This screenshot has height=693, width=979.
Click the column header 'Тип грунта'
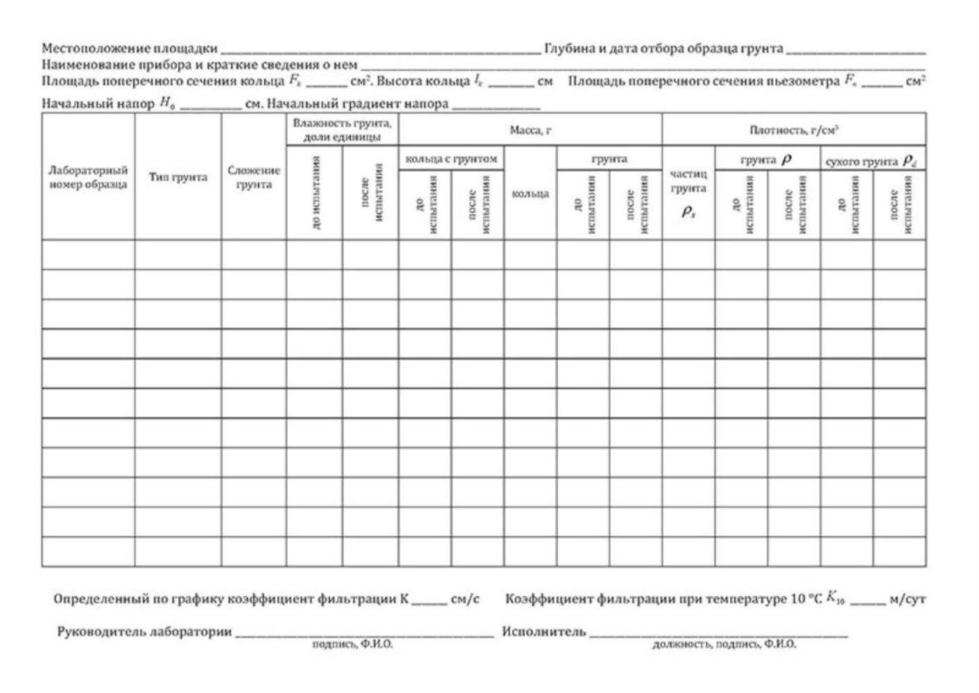point(178,177)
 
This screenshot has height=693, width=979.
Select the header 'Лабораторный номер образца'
point(88,177)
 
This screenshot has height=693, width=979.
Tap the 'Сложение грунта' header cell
point(254,177)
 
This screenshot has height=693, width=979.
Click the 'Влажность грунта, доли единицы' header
point(342,130)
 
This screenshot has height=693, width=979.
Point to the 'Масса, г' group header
point(530,130)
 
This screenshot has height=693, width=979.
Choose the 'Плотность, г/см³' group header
point(793,130)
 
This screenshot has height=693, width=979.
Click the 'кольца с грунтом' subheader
point(451,159)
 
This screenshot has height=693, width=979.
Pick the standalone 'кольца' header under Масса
point(530,194)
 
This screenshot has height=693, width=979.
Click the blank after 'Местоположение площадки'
point(380,50)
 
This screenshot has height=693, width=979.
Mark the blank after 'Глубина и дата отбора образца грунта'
point(856,50)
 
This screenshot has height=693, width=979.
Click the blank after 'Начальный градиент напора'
point(495,106)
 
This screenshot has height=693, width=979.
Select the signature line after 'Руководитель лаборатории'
point(364,633)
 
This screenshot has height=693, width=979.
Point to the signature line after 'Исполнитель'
point(718,633)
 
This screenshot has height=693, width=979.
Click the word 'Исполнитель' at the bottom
point(544,632)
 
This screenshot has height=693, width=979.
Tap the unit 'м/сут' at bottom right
point(907,599)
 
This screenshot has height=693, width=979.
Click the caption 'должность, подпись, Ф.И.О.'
point(724,644)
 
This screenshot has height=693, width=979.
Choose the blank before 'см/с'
point(428,600)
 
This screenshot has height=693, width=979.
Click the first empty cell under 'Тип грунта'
point(178,255)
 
